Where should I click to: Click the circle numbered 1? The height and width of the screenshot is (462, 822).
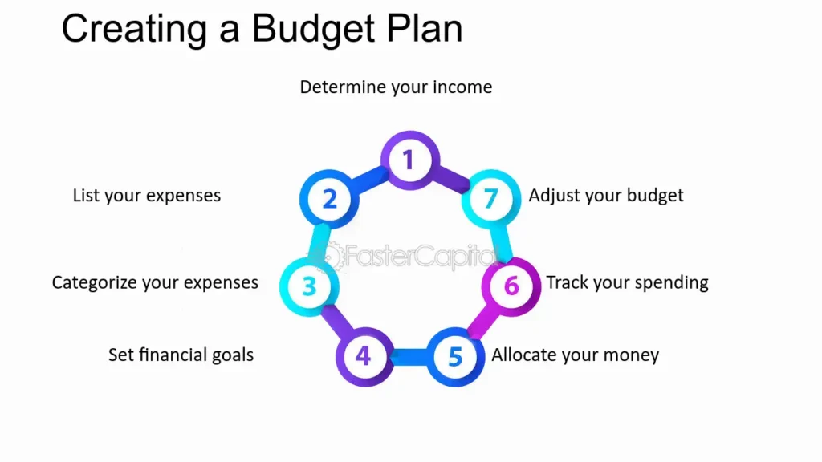409,160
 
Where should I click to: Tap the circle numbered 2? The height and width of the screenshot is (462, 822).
328,197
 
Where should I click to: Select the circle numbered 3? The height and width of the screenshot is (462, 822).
309,286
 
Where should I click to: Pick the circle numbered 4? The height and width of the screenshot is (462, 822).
364,355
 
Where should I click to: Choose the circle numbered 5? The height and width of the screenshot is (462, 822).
454,355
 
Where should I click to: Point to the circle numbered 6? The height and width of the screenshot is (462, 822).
511,286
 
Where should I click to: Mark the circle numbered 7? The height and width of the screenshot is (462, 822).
490,197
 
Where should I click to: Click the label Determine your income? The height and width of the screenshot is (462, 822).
396,87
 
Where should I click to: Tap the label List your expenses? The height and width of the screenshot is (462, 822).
146,195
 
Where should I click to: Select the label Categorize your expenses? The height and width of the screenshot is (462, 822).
155,282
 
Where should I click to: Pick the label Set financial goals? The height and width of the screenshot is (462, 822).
181,354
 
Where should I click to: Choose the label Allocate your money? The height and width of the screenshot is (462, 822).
575,355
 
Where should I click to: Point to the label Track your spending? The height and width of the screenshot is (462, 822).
627,282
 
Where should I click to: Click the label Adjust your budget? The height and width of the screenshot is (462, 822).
605,195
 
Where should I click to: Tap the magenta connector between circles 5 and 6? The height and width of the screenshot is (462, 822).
483,320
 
